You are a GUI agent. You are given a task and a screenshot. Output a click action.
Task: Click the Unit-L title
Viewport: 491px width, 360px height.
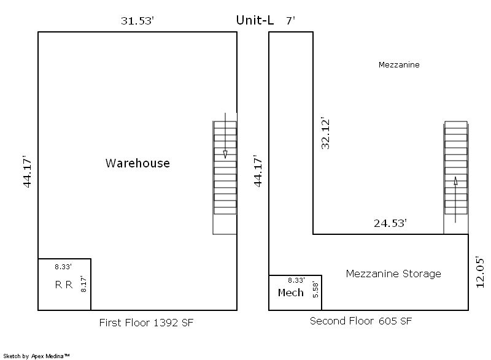[x=255, y=20]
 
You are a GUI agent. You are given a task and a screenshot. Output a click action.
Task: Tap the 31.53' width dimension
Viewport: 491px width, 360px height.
[x=137, y=21]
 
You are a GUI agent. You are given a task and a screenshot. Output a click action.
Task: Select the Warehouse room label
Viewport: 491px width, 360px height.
[x=137, y=163]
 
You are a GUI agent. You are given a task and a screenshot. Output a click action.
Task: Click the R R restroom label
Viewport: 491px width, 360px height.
[x=64, y=285]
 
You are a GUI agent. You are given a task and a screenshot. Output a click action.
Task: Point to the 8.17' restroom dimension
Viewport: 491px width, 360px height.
[x=83, y=284]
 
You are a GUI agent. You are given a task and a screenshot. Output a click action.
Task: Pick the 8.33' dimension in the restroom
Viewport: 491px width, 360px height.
[x=63, y=267]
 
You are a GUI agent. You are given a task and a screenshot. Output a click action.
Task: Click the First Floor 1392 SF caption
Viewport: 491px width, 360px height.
[x=146, y=323]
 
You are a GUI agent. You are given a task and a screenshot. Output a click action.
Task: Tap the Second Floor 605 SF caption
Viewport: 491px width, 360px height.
[x=361, y=321]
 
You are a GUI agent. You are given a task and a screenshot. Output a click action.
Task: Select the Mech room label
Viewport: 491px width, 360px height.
[x=290, y=293]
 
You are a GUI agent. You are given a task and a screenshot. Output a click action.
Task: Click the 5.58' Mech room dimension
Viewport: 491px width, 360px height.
[x=315, y=289]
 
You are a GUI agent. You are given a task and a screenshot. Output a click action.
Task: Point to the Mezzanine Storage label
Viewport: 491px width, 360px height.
[x=393, y=274]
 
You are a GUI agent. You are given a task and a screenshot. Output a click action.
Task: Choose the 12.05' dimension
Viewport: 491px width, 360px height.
[x=480, y=272]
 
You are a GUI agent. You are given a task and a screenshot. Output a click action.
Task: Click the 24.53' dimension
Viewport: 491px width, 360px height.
[x=390, y=223]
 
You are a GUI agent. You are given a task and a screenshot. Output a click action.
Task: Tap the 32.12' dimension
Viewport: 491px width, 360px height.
[x=325, y=134]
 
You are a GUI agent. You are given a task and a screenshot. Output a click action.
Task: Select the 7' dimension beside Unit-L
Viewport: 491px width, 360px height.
[x=290, y=21]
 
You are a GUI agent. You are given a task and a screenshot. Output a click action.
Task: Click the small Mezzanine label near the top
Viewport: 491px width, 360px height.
[x=399, y=65]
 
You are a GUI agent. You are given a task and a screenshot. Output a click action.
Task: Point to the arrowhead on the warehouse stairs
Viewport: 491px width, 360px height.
[x=225, y=154]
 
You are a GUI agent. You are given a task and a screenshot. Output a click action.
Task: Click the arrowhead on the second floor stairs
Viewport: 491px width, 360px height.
[x=455, y=181]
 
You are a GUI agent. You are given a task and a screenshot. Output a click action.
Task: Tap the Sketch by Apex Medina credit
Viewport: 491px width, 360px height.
[x=36, y=356]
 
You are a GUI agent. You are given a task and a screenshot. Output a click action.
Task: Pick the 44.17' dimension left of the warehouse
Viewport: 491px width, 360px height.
[x=27, y=171]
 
